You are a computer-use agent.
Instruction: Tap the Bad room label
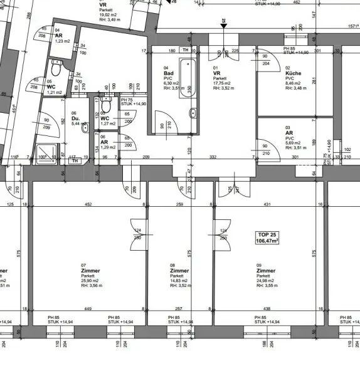click(168, 73)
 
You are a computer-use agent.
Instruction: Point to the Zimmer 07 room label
click(90, 271)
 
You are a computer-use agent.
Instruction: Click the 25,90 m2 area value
click(92, 281)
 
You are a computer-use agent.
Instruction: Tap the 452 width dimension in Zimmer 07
click(89, 204)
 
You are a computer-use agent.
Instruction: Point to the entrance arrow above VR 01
click(223, 24)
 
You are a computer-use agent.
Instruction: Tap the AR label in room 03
click(289, 133)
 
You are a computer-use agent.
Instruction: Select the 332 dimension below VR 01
click(213, 156)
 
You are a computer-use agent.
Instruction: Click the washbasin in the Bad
click(194, 113)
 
